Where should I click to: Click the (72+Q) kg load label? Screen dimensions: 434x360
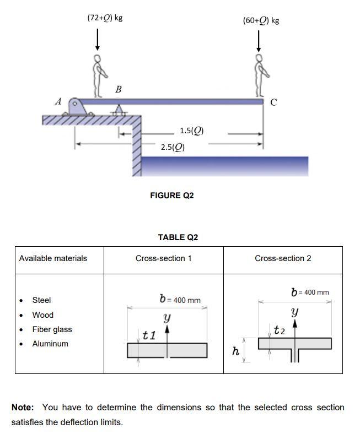pyautogui.click(x=105, y=18)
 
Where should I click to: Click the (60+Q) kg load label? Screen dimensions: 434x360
pyautogui.click(x=261, y=20)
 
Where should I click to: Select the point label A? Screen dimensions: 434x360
pyautogui.click(x=58, y=101)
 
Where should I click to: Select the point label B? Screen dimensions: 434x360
pyautogui.click(x=118, y=89)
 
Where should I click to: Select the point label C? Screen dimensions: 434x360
pyautogui.click(x=273, y=102)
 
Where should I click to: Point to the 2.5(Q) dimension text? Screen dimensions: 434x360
pyautogui.click(x=173, y=147)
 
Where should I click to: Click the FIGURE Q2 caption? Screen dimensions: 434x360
pyautogui.click(x=172, y=196)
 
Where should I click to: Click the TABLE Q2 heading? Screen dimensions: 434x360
pyautogui.click(x=178, y=237)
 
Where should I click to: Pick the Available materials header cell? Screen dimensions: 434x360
pyautogui.click(x=53, y=258)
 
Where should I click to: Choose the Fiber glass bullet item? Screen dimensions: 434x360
pyautogui.click(x=52, y=329)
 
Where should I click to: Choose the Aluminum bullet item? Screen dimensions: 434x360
pyautogui.click(x=50, y=344)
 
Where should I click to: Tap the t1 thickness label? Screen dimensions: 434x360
pyautogui.click(x=149, y=334)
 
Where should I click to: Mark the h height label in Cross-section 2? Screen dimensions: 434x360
pyautogui.click(x=235, y=351)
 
